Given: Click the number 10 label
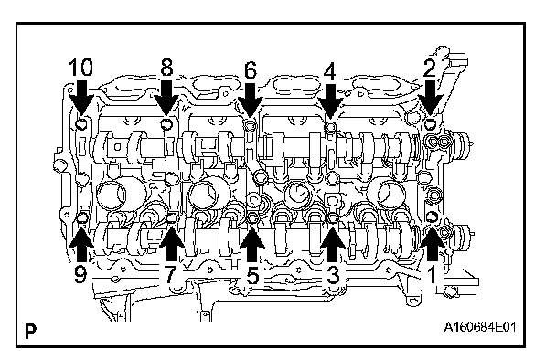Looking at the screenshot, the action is (x=80, y=68).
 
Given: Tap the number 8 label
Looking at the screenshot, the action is (x=166, y=67).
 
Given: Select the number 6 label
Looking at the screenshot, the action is (x=251, y=70).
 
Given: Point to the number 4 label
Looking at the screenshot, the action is (x=330, y=72).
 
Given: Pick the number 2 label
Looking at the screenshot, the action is (x=430, y=69).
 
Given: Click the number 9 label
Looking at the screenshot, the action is (x=80, y=273).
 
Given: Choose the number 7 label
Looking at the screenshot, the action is (x=171, y=274).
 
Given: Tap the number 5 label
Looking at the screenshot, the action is (x=252, y=275).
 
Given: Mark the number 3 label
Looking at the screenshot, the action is (x=333, y=275).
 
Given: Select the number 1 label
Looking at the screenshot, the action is (x=432, y=274).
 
